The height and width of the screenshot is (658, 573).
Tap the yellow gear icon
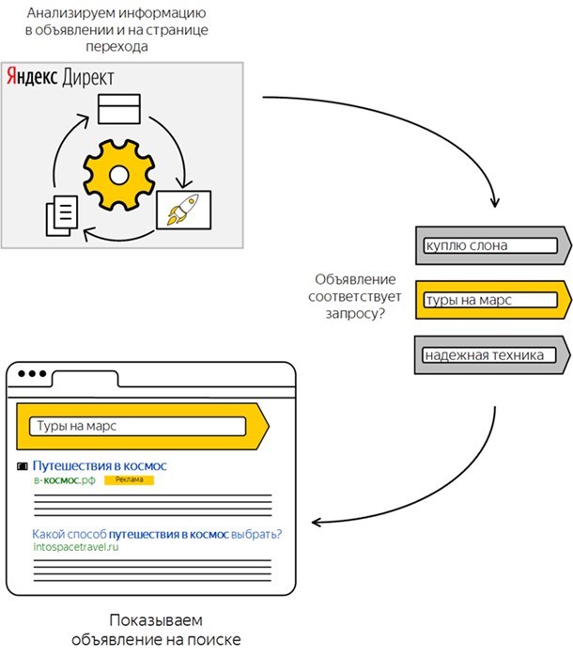point(119,173)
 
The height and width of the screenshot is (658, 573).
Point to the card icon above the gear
point(118,108)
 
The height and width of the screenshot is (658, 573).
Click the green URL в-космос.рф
point(64,480)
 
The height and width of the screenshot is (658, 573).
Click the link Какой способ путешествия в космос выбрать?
point(157,535)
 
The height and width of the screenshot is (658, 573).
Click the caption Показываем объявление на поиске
point(156,630)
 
